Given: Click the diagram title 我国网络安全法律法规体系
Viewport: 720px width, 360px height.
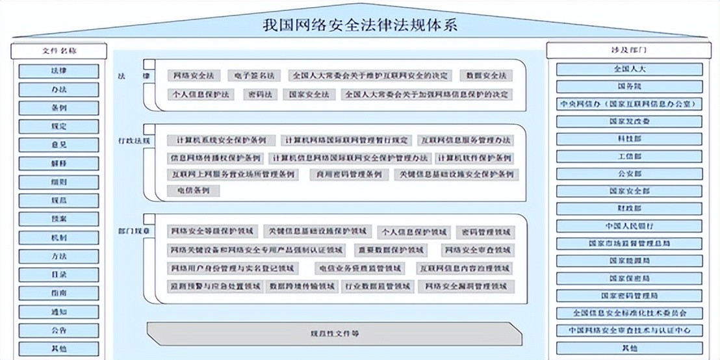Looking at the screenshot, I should (x=359, y=25).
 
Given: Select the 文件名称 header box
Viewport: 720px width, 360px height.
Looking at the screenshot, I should (x=58, y=50).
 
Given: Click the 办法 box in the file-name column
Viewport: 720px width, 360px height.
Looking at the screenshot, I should (x=58, y=90).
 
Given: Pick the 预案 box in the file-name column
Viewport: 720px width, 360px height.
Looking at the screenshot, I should (x=58, y=220).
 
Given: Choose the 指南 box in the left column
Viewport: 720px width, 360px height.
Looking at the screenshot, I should (x=58, y=293).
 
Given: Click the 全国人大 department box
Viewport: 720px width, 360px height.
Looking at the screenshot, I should (x=629, y=68).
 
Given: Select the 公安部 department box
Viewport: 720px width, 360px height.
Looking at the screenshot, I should (x=629, y=174).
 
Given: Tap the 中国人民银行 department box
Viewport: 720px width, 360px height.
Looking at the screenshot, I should (x=629, y=226).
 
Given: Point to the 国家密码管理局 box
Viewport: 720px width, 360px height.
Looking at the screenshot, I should (x=629, y=296).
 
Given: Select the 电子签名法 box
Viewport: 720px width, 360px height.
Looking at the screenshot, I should (x=255, y=75).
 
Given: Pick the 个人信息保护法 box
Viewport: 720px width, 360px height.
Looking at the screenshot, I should (x=201, y=94).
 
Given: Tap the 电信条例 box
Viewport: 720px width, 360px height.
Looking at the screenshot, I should (x=193, y=191).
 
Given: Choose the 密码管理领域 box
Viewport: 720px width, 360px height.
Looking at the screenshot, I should (x=485, y=231).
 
